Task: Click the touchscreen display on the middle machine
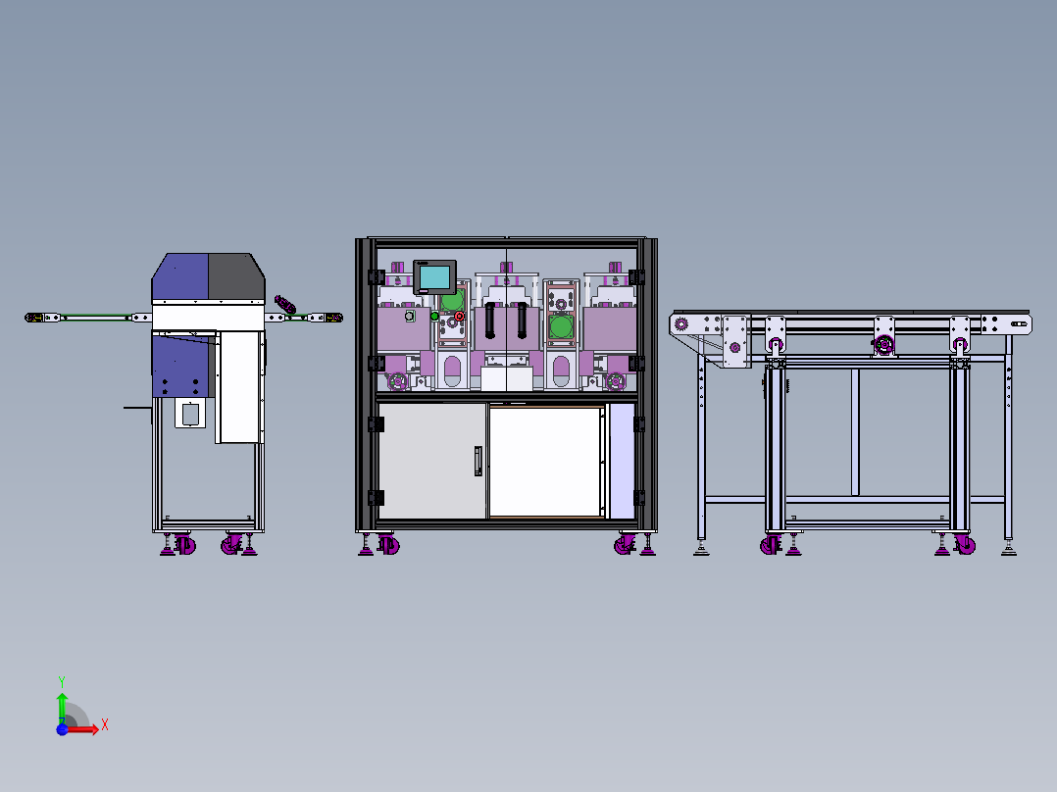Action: point(434,276)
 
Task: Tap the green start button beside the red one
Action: point(435,316)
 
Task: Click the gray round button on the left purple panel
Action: point(409,316)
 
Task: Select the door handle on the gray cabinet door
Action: point(478,461)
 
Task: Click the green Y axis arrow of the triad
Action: point(61,698)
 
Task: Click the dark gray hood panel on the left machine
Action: point(235,277)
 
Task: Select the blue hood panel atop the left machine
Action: point(179,277)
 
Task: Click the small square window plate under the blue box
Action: point(189,413)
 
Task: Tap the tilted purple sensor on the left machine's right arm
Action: point(285,305)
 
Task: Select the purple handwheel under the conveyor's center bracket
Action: point(885,345)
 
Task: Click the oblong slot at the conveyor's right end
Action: point(1020,323)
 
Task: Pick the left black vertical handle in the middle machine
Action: point(489,321)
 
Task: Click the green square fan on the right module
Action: point(561,325)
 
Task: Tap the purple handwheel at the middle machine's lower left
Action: point(398,380)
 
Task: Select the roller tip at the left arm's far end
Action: point(32,318)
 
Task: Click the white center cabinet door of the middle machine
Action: point(545,461)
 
